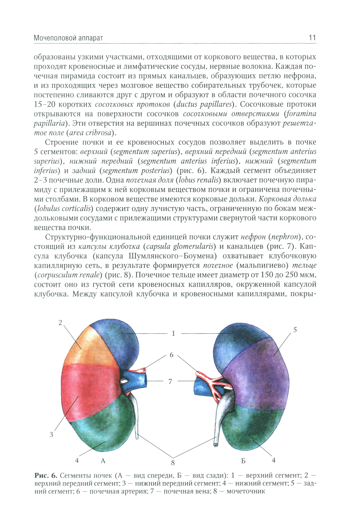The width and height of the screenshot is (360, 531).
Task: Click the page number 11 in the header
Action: click(312, 38)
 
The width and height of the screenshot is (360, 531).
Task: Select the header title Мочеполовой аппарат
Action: click(68, 38)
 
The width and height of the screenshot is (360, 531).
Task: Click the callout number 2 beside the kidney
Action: click(60, 323)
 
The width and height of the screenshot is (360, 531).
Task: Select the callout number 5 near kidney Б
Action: click(295, 330)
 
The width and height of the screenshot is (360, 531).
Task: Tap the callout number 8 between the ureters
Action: click(173, 463)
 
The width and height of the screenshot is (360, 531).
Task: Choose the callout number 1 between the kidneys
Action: click(173, 334)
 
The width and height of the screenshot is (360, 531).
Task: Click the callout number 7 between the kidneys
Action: click(170, 381)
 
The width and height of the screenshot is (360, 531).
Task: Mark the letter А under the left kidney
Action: click(103, 461)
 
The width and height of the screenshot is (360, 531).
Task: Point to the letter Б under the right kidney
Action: click(244, 461)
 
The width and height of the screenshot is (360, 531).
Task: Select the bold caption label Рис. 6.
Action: click(46, 476)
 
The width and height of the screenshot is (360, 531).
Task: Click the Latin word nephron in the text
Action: click(285, 237)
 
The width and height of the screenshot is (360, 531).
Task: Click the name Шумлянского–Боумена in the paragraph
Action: click(172, 256)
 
